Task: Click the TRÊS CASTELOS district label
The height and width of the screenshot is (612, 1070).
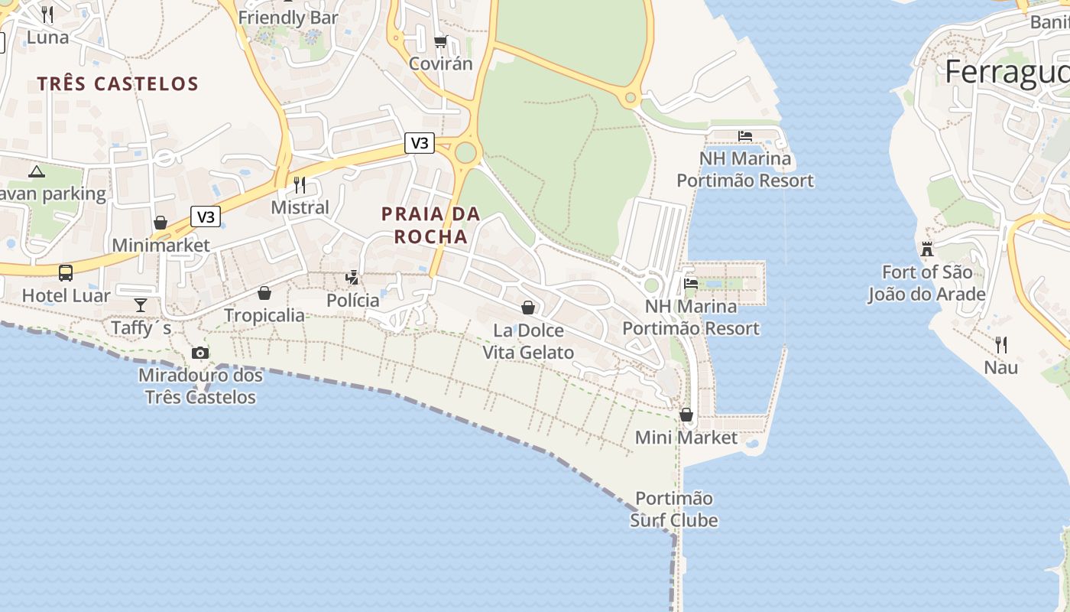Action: (x=118, y=83)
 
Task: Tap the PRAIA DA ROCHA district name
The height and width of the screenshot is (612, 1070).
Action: (x=431, y=225)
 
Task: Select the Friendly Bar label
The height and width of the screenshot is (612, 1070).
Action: (x=288, y=17)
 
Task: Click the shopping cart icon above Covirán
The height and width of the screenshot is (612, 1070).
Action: (x=440, y=42)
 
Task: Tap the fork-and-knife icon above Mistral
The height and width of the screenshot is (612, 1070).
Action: (x=300, y=185)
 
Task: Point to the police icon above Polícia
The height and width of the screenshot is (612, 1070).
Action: (x=352, y=278)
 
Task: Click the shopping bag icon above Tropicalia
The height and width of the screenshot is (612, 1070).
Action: (x=264, y=293)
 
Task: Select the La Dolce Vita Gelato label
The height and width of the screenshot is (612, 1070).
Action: (x=528, y=341)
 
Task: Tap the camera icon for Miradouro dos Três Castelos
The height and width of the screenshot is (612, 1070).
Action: (x=200, y=353)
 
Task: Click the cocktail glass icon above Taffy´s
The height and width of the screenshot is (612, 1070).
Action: (x=141, y=305)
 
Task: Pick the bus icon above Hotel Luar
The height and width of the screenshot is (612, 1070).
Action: (x=66, y=272)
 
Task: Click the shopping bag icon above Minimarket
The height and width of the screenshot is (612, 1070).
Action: (x=160, y=223)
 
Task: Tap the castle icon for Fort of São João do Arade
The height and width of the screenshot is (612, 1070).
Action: (x=927, y=249)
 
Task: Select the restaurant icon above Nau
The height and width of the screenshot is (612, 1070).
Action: (x=1001, y=345)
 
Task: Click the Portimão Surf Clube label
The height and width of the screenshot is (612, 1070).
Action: (x=674, y=509)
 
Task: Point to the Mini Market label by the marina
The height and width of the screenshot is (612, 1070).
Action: (x=686, y=438)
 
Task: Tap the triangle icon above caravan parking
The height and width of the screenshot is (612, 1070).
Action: (x=37, y=171)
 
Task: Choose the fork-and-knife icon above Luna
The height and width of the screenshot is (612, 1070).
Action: (x=47, y=15)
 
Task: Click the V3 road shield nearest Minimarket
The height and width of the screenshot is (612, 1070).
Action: (x=206, y=216)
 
